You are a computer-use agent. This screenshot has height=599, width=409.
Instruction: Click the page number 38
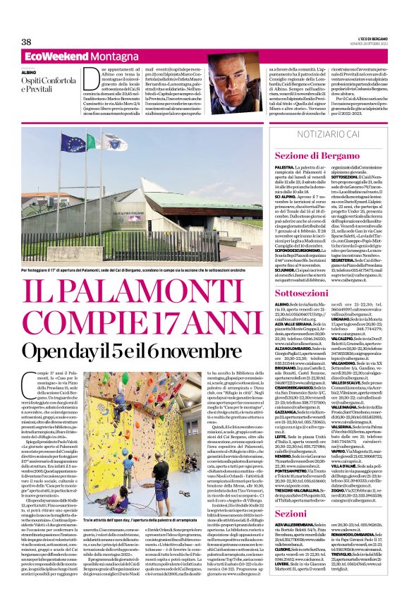(27, 42)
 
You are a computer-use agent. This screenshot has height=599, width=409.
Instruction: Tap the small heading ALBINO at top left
(29, 73)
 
